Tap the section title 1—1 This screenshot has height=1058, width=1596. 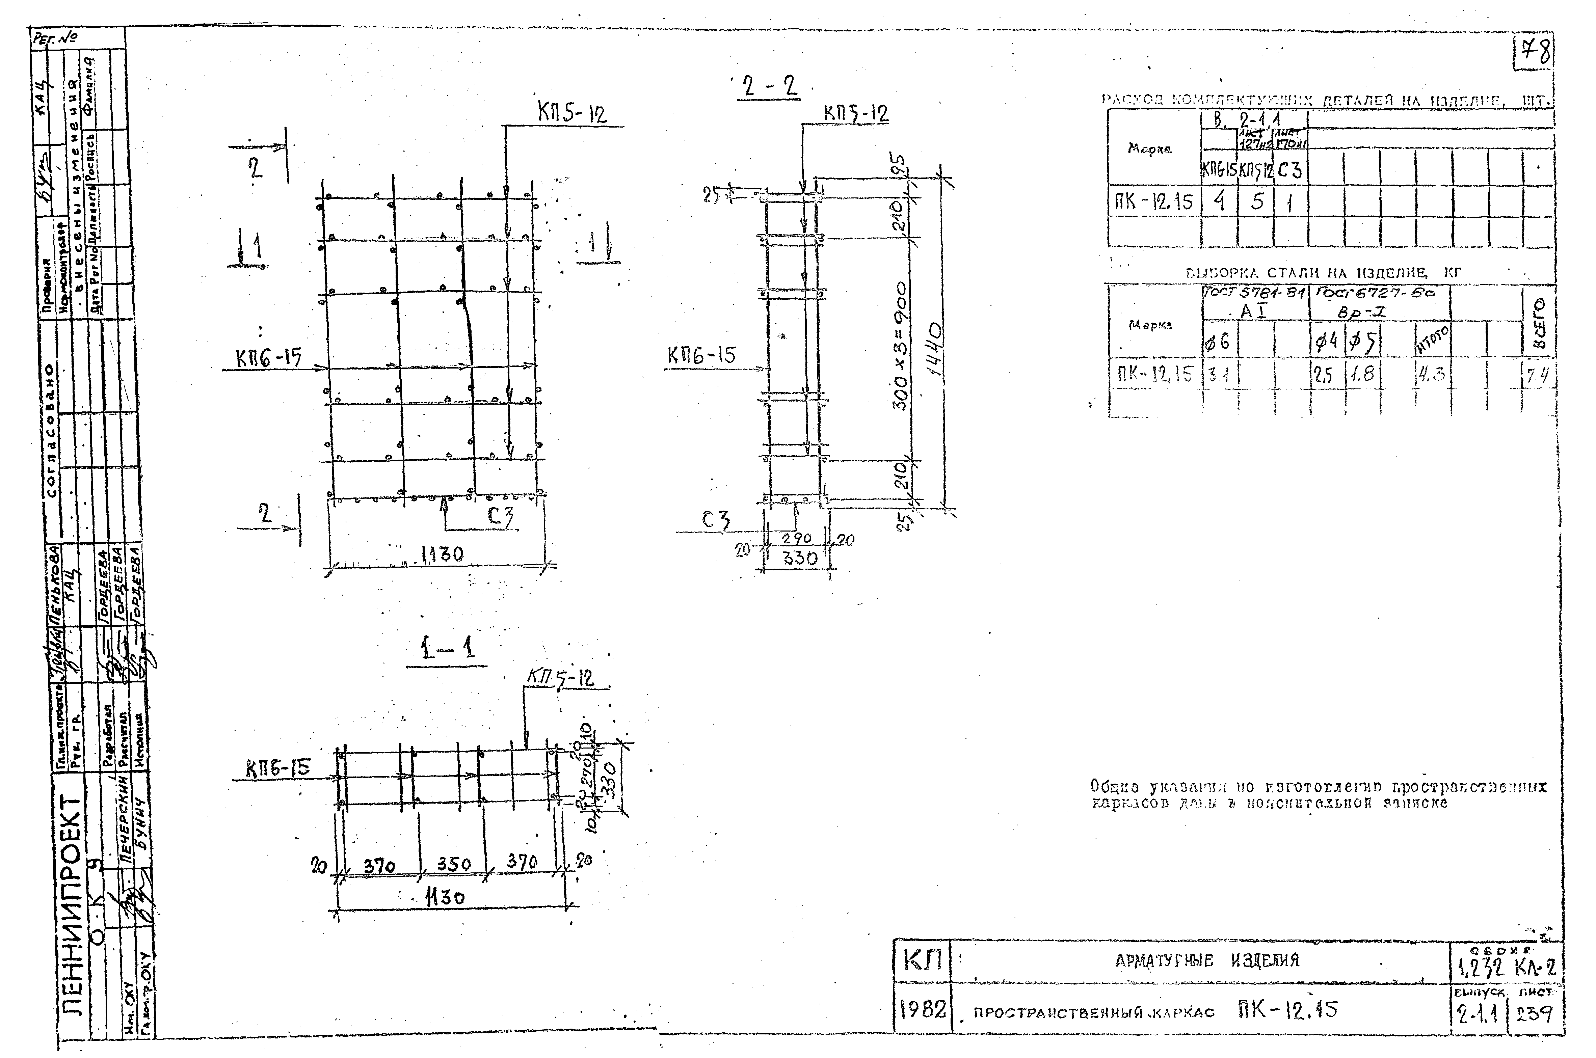(x=447, y=649)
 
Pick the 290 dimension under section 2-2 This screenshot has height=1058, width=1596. (x=796, y=538)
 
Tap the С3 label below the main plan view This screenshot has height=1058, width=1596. (x=500, y=518)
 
